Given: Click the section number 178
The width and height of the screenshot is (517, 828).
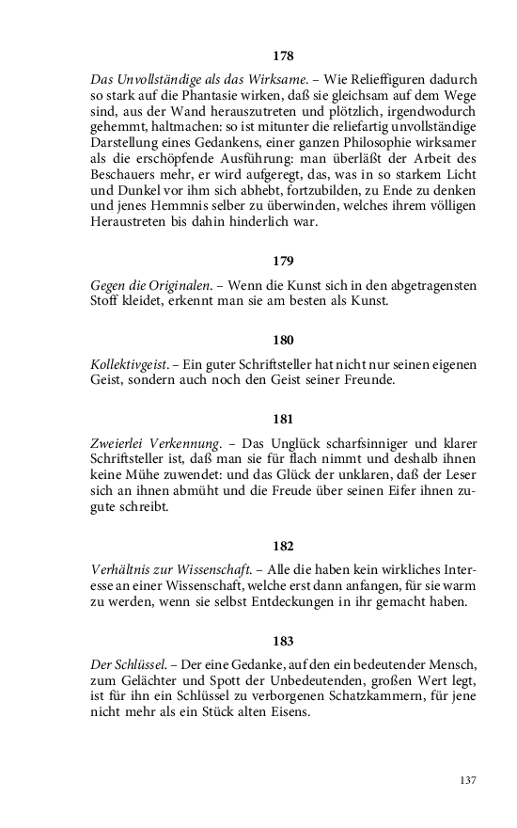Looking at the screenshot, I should (x=283, y=56).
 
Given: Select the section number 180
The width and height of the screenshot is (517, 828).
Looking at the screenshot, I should (x=283, y=340).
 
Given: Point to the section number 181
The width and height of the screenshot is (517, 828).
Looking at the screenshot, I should (x=283, y=421).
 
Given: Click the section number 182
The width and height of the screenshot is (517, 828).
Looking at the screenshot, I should (x=283, y=546).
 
